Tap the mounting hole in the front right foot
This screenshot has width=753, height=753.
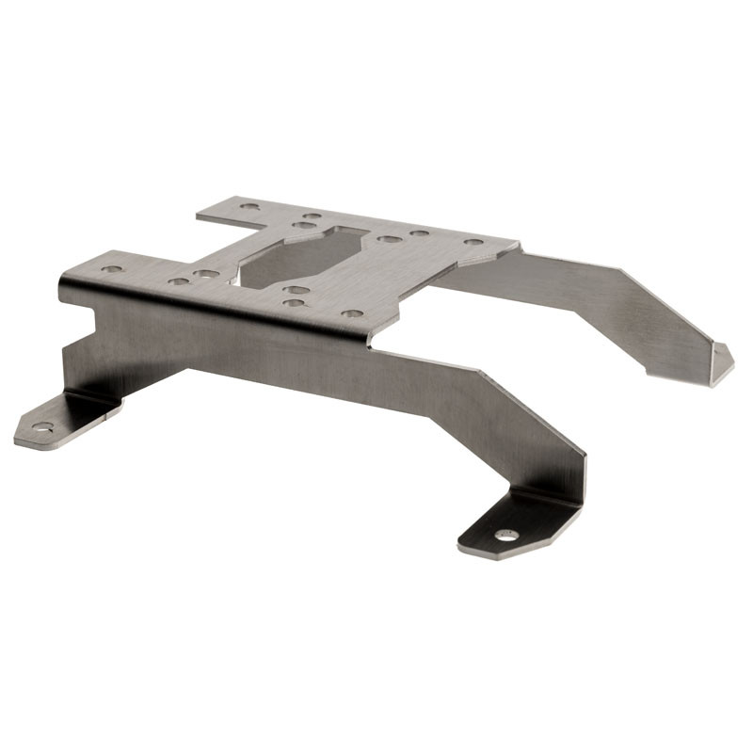coord(506,535)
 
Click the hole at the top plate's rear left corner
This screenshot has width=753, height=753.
coord(249,206)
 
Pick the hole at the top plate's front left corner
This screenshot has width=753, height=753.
coord(112,269)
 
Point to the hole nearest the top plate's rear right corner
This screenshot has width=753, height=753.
coord(473,242)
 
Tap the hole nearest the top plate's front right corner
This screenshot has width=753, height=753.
coord(351,313)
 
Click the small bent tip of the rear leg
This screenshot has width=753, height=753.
coord(721,363)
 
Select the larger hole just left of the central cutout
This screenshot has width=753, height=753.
coord(207,275)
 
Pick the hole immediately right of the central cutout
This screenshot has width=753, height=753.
coord(389,239)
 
